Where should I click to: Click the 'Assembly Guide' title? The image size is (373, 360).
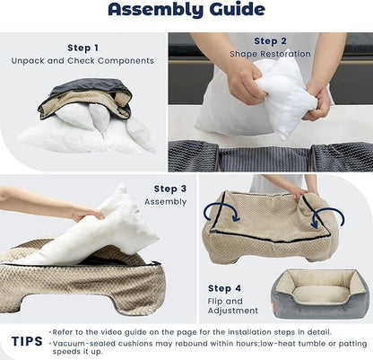tap(186, 11)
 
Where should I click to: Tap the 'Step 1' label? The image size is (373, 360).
tap(83, 48)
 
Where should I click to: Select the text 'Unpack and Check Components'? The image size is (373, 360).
tap(83, 60)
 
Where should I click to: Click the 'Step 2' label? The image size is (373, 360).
tap(270, 40)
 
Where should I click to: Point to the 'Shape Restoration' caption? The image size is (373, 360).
tap(270, 53)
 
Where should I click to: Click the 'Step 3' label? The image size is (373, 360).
tap(169, 189)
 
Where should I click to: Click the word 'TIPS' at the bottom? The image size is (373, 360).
tap(26, 341)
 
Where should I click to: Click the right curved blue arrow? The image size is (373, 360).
tap(328, 215)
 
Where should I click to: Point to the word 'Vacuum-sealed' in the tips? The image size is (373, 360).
tap(76, 342)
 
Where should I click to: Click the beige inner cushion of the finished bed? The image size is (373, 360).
tap(319, 294)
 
